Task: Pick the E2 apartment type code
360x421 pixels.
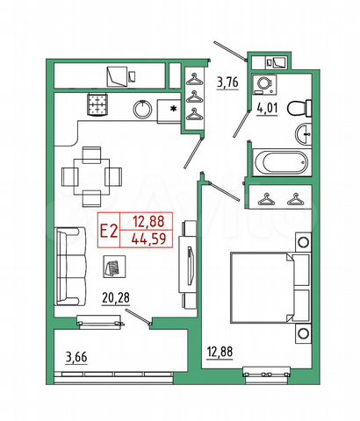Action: pos(109,231)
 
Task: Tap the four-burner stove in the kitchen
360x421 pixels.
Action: pos(97,106)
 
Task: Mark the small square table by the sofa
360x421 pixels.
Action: pos(112,265)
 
